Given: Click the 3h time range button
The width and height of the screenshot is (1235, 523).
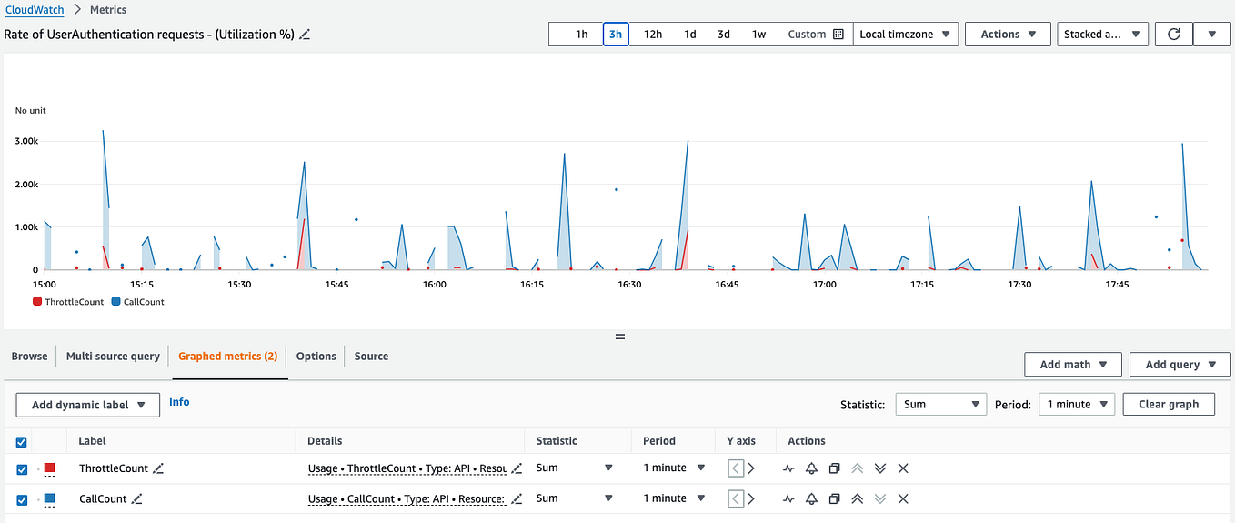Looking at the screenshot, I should click(x=616, y=35).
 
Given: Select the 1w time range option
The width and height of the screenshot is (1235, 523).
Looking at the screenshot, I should click(x=758, y=35).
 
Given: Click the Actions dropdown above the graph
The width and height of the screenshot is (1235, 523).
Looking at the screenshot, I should click(x=1008, y=35).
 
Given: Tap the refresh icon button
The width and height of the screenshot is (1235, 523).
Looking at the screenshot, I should click(x=1174, y=35).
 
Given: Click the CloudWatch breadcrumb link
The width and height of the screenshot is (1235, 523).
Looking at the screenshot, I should click(x=35, y=9).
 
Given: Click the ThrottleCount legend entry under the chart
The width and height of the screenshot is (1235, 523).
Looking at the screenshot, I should click(x=68, y=302).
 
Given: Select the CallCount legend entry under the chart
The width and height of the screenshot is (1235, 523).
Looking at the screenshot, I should click(x=138, y=302).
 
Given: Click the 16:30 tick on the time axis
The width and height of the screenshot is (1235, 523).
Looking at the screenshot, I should click(x=629, y=285).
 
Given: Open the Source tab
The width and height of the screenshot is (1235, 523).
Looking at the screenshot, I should click(x=371, y=357).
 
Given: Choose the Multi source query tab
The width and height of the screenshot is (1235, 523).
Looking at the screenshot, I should click(x=113, y=357).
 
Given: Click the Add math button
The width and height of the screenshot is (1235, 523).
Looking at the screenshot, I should click(x=1072, y=365).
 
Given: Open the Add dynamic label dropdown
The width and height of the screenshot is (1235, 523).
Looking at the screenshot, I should click(x=88, y=405).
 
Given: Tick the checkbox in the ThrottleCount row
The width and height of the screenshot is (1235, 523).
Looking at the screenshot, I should click(x=22, y=469).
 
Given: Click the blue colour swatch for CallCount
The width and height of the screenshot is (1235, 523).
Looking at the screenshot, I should click(x=50, y=499).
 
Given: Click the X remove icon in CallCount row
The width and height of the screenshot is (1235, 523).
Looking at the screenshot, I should click(x=903, y=499).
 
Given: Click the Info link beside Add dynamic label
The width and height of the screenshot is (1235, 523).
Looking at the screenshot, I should click(x=179, y=402).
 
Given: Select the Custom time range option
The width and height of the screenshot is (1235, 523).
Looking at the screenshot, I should click(x=816, y=35).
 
